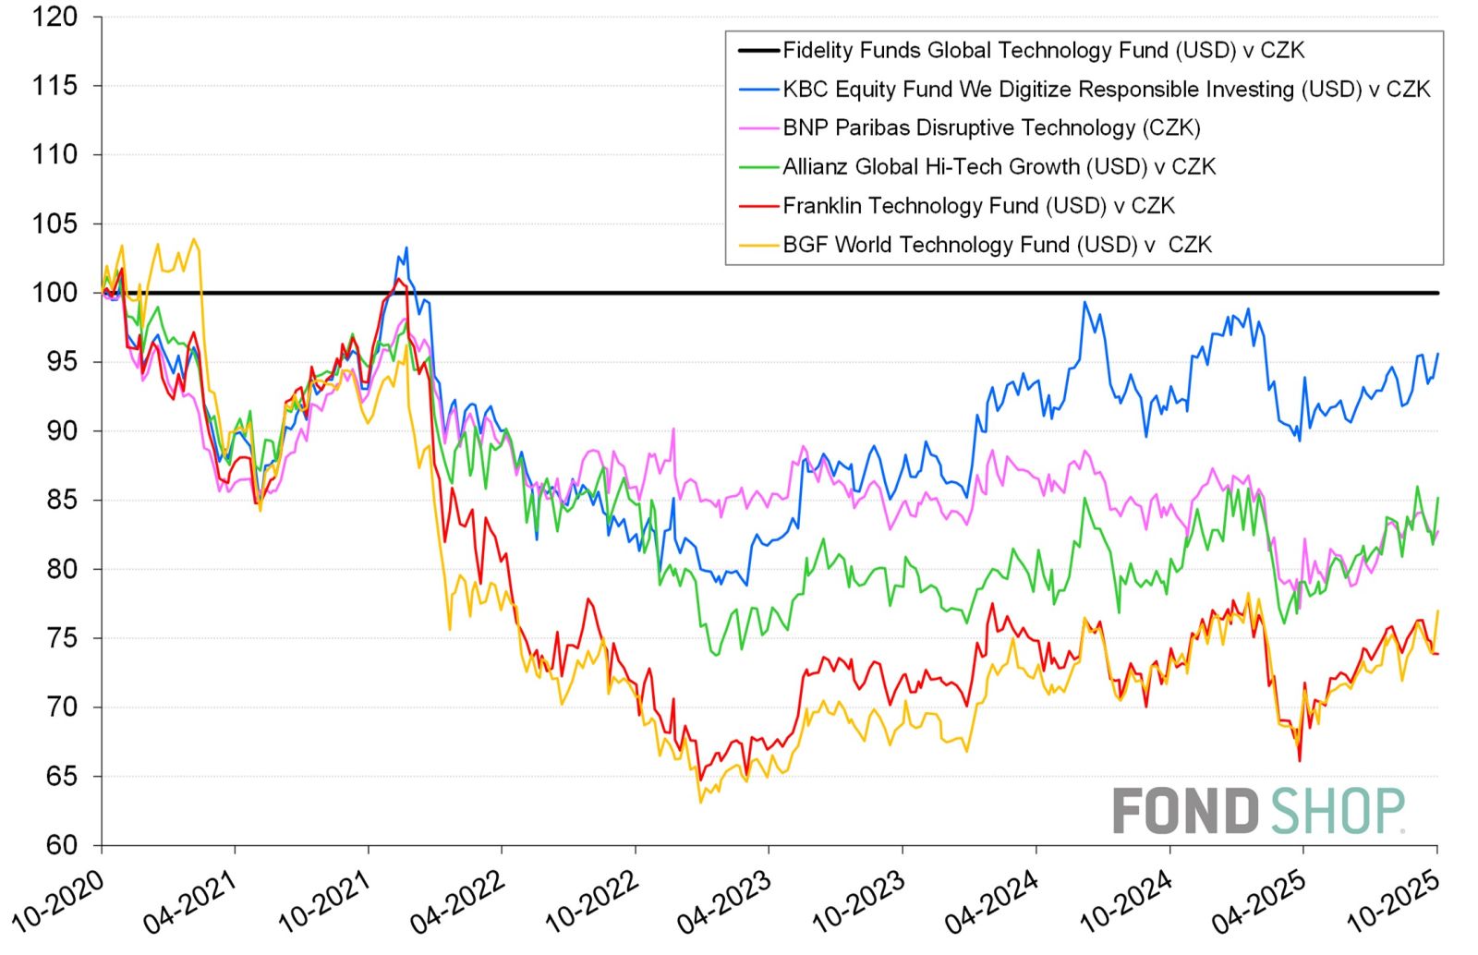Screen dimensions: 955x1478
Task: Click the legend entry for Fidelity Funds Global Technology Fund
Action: tap(1043, 50)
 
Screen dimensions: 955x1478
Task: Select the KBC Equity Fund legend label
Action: tap(1106, 89)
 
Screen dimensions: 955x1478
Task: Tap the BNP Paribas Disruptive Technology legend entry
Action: tap(991, 127)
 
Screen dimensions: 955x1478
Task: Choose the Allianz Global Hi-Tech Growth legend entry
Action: tap(999, 166)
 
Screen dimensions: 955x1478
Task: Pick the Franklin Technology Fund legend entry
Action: tap(978, 205)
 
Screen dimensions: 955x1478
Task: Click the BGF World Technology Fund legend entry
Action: tap(997, 244)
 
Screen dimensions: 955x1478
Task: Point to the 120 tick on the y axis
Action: tap(55, 17)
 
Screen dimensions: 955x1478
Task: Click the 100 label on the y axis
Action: tap(55, 293)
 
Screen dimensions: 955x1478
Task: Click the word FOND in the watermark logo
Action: tap(1185, 810)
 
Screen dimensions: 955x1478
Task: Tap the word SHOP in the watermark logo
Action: tap(1337, 810)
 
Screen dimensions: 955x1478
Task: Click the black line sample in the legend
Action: tap(757, 50)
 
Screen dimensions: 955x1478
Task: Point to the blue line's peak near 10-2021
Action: tap(406, 248)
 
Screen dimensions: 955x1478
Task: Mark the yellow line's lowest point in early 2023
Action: tap(700, 802)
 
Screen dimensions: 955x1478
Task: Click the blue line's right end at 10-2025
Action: tap(1437, 354)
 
